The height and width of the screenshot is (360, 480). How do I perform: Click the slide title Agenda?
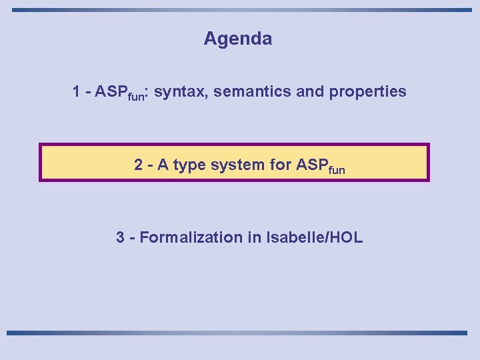click(238, 39)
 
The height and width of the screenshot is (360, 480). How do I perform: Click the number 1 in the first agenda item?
click(77, 91)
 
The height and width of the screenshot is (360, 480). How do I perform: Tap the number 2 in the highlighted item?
click(138, 164)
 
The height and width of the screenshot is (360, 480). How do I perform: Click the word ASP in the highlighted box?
click(311, 164)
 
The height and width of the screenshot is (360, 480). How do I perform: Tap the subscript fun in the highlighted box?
click(337, 169)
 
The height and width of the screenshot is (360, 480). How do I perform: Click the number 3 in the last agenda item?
click(120, 237)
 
